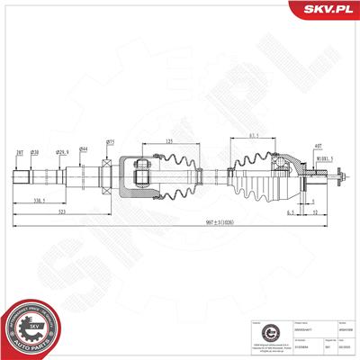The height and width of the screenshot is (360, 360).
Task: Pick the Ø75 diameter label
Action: pos(110,141)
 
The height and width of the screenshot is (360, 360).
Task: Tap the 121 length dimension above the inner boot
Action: pos(169,141)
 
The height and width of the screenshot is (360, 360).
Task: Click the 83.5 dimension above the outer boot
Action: pos(255,136)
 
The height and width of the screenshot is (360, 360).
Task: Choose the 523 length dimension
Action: pos(59,212)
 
